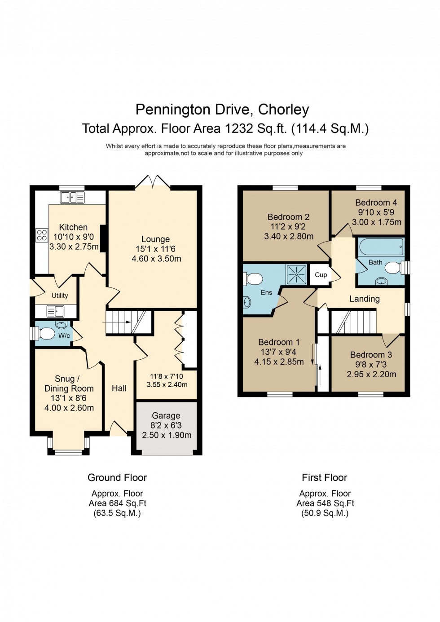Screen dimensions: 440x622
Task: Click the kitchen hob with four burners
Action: point(42,235)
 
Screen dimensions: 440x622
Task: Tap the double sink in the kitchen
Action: point(72,198)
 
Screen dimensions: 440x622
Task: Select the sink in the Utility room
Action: point(56,311)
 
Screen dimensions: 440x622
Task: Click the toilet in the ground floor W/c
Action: point(45,333)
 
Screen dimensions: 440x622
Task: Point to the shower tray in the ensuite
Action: point(297,274)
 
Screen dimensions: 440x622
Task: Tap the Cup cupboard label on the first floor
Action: point(321,275)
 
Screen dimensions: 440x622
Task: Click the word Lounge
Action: point(155,239)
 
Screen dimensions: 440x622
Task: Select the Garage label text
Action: point(166,416)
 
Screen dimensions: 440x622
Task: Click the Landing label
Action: point(365,299)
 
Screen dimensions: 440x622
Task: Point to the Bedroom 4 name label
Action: point(376,203)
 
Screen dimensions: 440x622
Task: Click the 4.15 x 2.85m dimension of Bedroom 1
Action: point(279,362)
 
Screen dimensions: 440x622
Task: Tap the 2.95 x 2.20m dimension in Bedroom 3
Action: point(371,374)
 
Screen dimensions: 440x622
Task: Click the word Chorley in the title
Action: point(283,110)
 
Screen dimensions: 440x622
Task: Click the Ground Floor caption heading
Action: point(117,477)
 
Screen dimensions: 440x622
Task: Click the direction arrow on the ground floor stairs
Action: point(117,322)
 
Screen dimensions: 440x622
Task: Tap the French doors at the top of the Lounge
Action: point(153,182)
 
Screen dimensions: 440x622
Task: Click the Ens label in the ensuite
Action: point(267,292)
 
